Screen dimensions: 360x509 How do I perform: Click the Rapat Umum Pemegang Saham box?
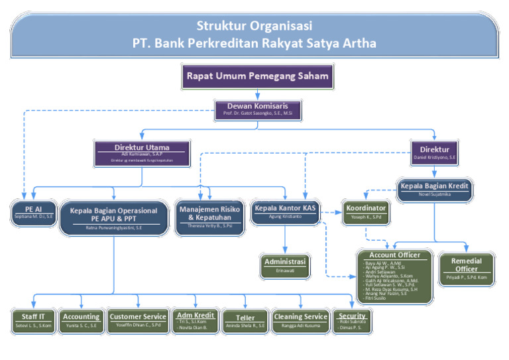(257, 76)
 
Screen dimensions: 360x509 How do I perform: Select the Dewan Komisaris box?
(257, 109)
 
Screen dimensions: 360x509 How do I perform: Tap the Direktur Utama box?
(142, 152)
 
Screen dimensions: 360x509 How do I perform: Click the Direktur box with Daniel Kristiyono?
(434, 153)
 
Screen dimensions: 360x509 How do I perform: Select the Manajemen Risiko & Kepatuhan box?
(209, 216)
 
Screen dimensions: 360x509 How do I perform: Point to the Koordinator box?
(366, 211)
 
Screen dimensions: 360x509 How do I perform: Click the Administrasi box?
(284, 265)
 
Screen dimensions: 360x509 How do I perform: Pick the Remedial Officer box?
(466, 269)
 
